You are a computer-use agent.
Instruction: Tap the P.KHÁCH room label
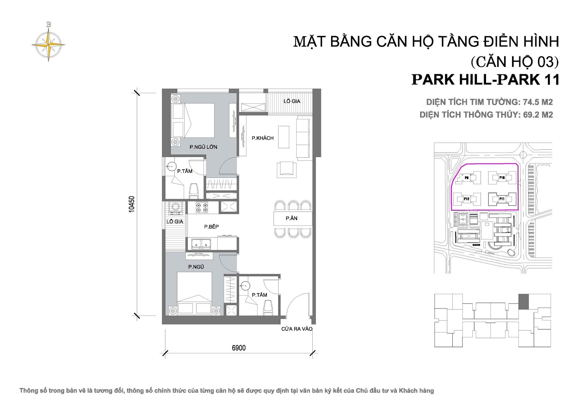click(x=263, y=138)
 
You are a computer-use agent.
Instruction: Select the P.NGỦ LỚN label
click(x=203, y=147)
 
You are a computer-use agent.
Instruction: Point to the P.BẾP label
click(x=211, y=227)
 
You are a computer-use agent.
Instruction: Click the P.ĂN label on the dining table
click(x=292, y=218)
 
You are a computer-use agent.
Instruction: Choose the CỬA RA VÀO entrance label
click(x=297, y=329)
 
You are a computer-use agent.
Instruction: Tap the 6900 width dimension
click(x=238, y=348)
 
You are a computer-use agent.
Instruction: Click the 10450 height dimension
click(x=132, y=204)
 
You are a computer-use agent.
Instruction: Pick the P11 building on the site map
click(x=502, y=199)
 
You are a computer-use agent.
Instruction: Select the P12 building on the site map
click(x=466, y=199)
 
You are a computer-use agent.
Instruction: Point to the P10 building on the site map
click(x=502, y=178)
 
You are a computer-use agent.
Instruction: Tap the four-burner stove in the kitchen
click(x=202, y=208)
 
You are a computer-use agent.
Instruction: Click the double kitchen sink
click(x=201, y=244)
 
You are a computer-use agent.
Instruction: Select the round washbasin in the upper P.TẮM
click(x=171, y=167)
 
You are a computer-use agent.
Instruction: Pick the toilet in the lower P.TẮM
click(x=268, y=308)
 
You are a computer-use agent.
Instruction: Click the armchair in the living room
click(x=287, y=170)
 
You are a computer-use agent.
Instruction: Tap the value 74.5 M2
click(x=538, y=102)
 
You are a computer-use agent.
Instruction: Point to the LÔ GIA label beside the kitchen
click(x=175, y=221)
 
